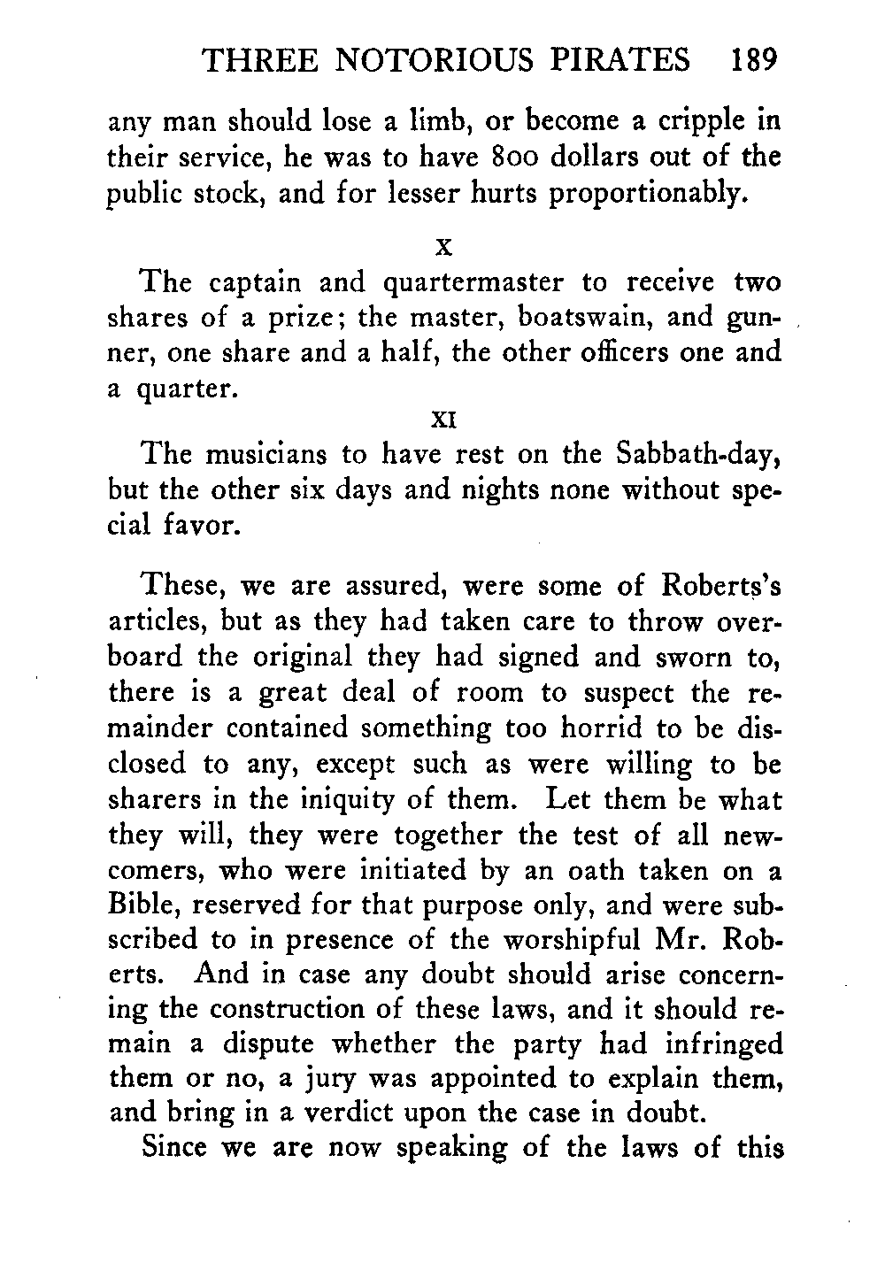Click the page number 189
click(753, 60)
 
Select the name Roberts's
click(720, 586)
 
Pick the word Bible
click(141, 905)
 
